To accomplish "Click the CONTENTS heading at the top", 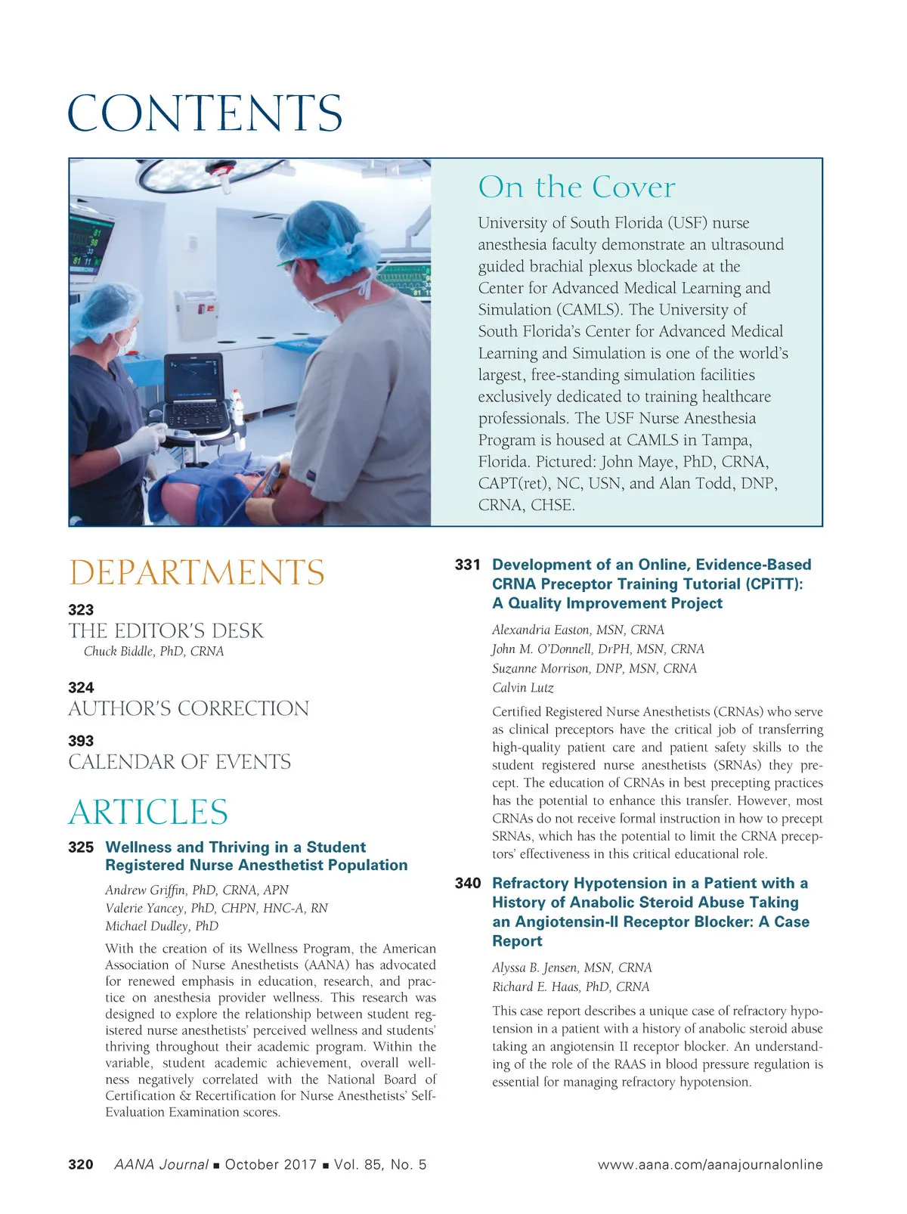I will click(205, 113).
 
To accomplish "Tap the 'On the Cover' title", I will click(576, 187).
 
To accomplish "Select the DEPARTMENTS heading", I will click(197, 572).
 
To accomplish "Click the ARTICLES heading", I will click(148, 812).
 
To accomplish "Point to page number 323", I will click(81, 609).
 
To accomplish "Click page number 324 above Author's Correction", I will click(81, 687).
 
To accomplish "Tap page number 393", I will click(81, 741).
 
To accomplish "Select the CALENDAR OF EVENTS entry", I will click(179, 762).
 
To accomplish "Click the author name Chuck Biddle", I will click(153, 651).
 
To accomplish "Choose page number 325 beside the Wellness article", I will click(81, 847).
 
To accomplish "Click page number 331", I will click(468, 565).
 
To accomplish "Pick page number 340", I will click(468, 883).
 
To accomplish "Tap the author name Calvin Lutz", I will click(522, 688).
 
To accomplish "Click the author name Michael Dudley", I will click(162, 926).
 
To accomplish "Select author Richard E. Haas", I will click(570, 986).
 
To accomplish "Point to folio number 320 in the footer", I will click(81, 1164).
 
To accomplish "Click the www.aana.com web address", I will click(710, 1165).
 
